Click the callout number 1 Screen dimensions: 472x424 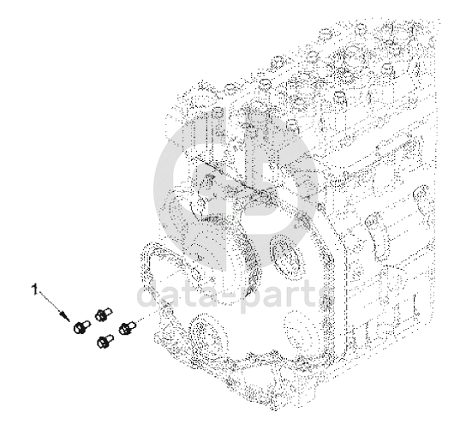pos(35,289)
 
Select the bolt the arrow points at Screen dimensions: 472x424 pos(81,326)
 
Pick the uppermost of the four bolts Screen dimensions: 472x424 pos(104,314)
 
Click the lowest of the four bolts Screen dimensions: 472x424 pos(105,341)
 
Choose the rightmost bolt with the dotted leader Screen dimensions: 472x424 pos(128,327)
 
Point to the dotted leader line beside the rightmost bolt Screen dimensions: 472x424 pos(152,314)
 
